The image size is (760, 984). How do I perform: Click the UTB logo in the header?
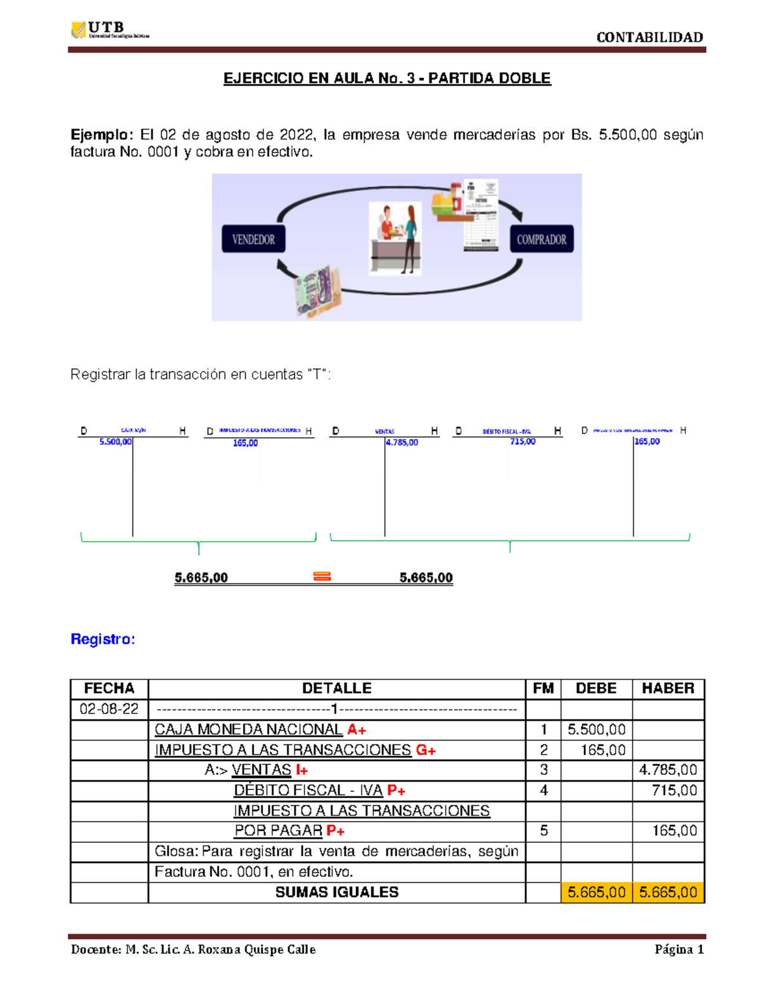(x=109, y=30)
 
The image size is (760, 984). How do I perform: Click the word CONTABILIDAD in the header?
(x=649, y=37)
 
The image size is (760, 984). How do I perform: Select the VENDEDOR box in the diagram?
(x=253, y=240)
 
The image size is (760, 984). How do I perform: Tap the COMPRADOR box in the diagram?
(x=541, y=240)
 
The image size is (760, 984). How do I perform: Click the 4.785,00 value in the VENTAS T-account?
(x=402, y=442)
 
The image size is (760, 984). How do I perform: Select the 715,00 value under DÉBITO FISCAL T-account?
(x=522, y=442)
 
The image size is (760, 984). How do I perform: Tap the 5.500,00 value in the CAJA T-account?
(x=115, y=442)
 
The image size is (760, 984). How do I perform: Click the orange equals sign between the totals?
(x=322, y=577)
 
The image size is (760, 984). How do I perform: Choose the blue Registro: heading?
(x=103, y=639)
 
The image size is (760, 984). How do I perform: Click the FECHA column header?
(x=109, y=689)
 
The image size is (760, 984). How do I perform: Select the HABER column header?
(x=668, y=689)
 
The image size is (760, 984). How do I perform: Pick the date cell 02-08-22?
(x=109, y=709)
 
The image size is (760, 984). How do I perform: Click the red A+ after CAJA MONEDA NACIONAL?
(x=357, y=730)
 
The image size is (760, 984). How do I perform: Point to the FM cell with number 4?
(x=543, y=790)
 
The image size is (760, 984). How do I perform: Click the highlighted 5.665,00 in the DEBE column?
(x=596, y=892)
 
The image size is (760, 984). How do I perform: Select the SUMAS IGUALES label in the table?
(x=337, y=892)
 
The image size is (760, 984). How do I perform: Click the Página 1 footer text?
(x=679, y=949)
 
